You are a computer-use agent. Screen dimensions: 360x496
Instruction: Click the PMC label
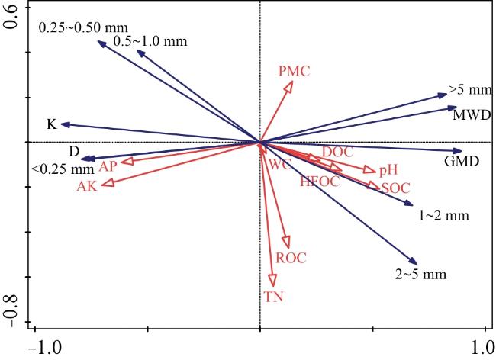point(295,71)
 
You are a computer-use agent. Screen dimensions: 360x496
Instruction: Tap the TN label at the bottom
point(274,297)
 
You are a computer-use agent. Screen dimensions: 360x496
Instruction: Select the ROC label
point(291,258)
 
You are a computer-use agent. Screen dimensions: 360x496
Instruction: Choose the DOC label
point(337,152)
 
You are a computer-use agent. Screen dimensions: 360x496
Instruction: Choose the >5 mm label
point(468,91)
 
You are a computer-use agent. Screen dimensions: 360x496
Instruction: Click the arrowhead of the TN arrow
point(272,282)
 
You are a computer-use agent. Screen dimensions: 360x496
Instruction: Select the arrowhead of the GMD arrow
point(458,151)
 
